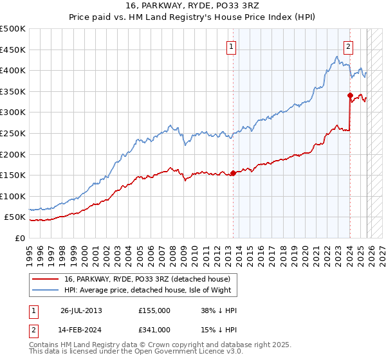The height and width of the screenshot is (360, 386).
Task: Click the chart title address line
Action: (x=192, y=7)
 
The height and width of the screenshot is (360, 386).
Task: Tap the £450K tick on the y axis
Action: (x=13, y=50)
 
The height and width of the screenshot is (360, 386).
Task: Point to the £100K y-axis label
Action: (x=13, y=196)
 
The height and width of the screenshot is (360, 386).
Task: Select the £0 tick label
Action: (x=19, y=238)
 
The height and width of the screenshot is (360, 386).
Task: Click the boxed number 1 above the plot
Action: (x=230, y=46)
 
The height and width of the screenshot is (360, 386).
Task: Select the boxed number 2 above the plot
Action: (x=348, y=46)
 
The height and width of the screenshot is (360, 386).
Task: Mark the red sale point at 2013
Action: (x=233, y=173)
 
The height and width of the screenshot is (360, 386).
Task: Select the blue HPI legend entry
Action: (x=151, y=291)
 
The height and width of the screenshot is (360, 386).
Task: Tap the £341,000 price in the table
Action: (x=154, y=330)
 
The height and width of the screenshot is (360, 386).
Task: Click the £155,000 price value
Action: (x=154, y=310)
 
